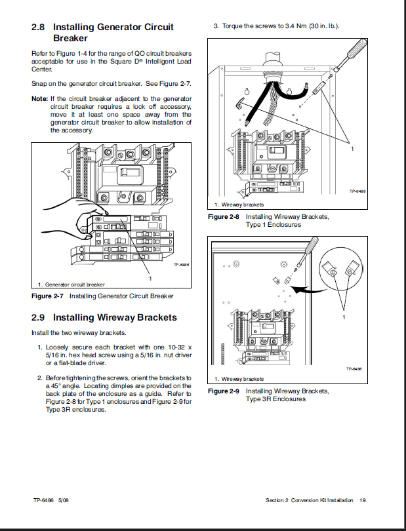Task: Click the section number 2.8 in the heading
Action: pyautogui.click(x=39, y=28)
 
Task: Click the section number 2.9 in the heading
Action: pyautogui.click(x=39, y=317)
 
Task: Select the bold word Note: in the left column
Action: pyautogui.click(x=39, y=99)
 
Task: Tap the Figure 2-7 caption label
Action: pyautogui.click(x=48, y=296)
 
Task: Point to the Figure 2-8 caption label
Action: pyautogui.click(x=224, y=216)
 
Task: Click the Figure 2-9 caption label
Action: pyautogui.click(x=224, y=391)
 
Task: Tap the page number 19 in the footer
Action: pyautogui.click(x=362, y=501)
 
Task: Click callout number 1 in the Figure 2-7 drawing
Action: pyautogui.click(x=151, y=278)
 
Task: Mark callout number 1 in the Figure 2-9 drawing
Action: pyautogui.click(x=344, y=317)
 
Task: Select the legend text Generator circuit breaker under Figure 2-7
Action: pyautogui.click(x=73, y=285)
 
